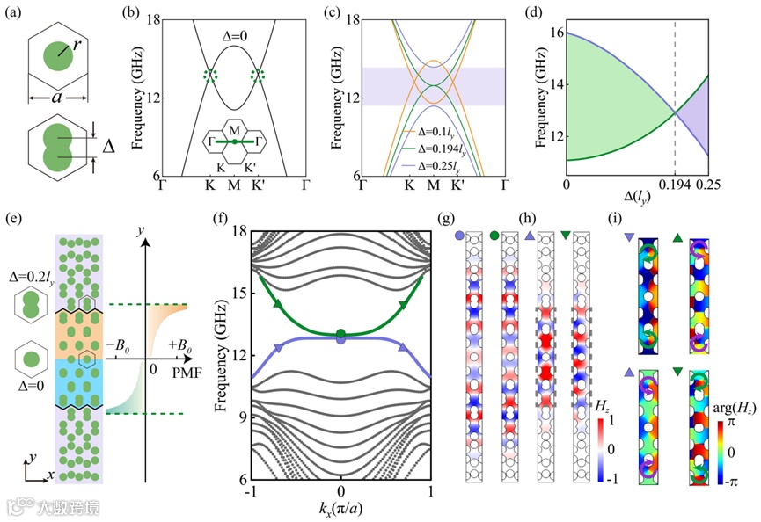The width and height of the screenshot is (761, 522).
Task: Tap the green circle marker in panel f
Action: click(x=341, y=333)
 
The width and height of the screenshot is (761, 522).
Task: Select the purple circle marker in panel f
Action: click(x=341, y=339)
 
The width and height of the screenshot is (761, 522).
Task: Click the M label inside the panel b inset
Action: click(x=234, y=127)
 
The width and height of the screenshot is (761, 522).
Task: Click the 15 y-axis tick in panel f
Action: click(x=238, y=294)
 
